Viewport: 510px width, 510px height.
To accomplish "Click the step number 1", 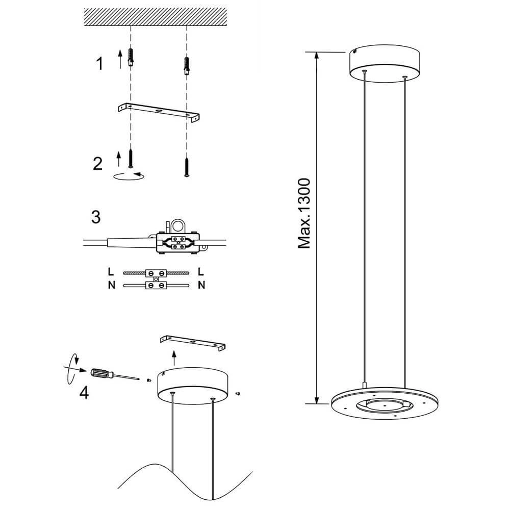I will [x=99, y=64].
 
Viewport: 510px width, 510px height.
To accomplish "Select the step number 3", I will [x=95, y=216].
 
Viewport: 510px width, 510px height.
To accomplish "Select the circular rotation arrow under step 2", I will [x=128, y=176].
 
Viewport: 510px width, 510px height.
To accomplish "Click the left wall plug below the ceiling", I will [x=132, y=57].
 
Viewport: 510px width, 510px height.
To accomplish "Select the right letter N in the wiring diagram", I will [x=201, y=285].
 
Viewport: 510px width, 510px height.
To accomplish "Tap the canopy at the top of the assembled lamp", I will [x=384, y=65].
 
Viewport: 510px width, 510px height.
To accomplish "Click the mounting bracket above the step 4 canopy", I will [x=193, y=342].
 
